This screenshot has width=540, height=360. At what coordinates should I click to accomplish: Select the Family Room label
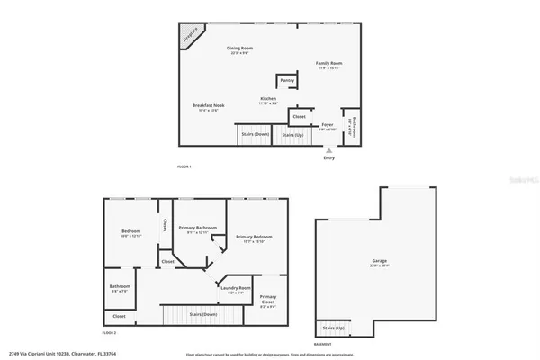click(x=328, y=64)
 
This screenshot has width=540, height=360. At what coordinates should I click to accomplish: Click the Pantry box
click(x=287, y=81)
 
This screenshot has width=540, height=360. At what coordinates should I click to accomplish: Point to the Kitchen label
click(x=268, y=100)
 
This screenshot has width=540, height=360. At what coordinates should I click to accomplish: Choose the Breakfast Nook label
click(x=206, y=107)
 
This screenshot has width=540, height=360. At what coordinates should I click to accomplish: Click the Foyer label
click(x=328, y=126)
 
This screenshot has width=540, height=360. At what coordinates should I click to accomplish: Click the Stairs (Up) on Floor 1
click(x=292, y=136)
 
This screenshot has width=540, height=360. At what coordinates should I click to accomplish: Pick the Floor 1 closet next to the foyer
click(x=299, y=116)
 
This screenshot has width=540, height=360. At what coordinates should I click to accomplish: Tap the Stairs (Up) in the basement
click(x=334, y=328)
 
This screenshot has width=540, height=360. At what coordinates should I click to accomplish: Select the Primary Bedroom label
click(x=254, y=238)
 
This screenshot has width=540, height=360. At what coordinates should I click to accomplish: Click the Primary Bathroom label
click(x=198, y=229)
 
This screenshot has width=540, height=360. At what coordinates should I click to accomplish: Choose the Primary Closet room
click(x=268, y=301)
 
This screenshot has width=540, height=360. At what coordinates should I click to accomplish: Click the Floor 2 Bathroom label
click(x=120, y=288)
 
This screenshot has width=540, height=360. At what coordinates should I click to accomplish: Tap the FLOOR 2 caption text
click(x=110, y=333)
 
